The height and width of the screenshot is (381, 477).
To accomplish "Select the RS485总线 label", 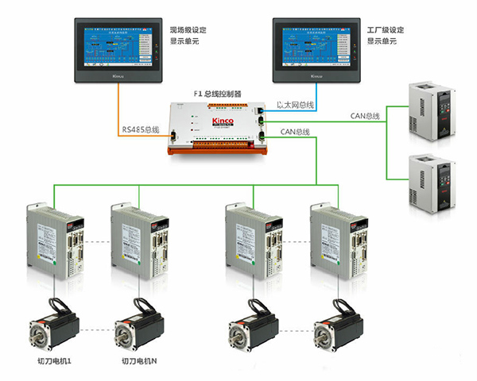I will [142, 130].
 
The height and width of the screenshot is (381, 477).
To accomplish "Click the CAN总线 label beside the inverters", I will [365, 117].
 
